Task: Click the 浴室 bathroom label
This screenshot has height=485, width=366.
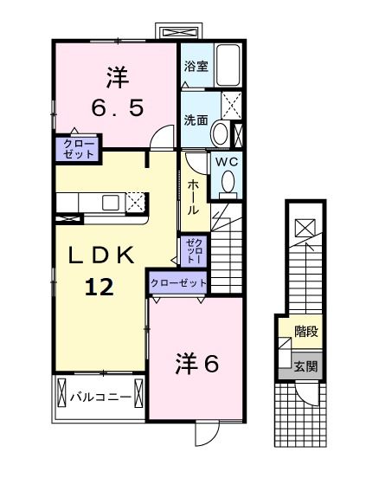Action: (195, 67)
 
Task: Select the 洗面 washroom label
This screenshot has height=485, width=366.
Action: (195, 120)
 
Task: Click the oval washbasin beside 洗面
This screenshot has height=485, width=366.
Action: (221, 134)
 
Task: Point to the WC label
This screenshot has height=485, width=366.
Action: (227, 162)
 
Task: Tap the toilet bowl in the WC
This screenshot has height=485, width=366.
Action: (228, 181)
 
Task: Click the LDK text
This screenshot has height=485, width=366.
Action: (101, 256)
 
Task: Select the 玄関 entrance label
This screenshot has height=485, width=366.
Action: (305, 366)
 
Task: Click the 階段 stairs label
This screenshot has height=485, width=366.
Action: (305, 331)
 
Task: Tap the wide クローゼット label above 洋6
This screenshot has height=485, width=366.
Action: (178, 282)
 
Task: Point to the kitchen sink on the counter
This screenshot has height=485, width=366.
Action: (110, 203)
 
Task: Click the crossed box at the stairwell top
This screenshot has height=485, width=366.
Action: (305, 228)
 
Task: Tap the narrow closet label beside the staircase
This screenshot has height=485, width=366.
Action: (193, 252)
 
